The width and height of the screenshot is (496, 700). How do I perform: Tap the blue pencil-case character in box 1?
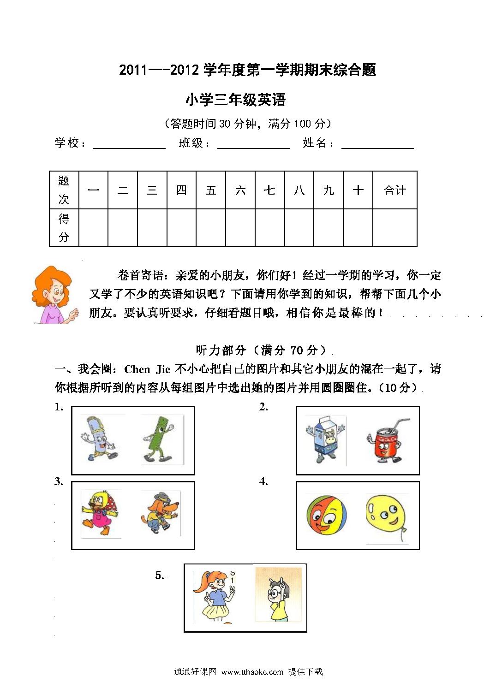pos(99,439)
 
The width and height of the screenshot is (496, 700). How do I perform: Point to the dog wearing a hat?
pos(160,513)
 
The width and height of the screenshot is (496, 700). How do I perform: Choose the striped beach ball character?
pos(327,515)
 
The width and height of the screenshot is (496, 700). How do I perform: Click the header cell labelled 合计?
pos(394,190)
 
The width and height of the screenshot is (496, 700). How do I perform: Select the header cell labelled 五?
pos(211,190)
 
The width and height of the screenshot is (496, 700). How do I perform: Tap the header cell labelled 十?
pos(358,190)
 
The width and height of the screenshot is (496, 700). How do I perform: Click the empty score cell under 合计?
pos(394,228)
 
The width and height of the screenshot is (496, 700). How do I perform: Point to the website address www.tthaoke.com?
pos(252,672)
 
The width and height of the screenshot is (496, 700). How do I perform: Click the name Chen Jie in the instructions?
pos(147,369)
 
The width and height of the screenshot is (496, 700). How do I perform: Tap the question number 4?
pos(263,482)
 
